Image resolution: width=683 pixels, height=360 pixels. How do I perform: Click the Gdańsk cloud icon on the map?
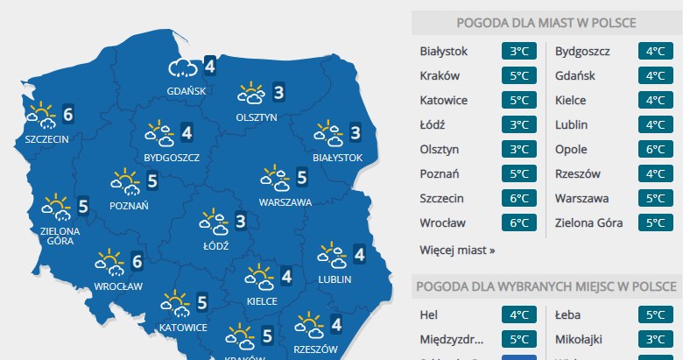tap(183, 67)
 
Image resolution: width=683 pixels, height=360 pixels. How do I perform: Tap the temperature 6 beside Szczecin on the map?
tap(68, 113)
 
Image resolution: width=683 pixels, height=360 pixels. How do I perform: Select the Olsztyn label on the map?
tap(257, 116)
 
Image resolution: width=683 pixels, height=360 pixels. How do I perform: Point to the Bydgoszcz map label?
tap(173, 158)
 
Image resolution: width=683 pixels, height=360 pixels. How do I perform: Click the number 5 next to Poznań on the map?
tap(152, 182)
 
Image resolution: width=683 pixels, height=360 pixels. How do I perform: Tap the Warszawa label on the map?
tap(285, 202)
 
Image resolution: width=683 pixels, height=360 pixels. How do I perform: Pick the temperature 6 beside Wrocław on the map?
tap(137, 260)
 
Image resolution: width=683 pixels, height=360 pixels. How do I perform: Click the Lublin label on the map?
tap(335, 279)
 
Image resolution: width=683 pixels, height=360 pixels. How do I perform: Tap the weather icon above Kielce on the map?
tap(260, 278)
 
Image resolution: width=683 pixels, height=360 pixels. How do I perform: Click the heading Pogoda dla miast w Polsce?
tap(546, 23)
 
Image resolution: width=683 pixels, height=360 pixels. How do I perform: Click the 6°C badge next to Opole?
tap(654, 150)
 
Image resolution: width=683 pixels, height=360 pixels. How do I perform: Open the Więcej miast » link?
tap(457, 250)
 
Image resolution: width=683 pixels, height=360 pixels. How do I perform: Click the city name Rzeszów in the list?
tap(578, 173)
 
